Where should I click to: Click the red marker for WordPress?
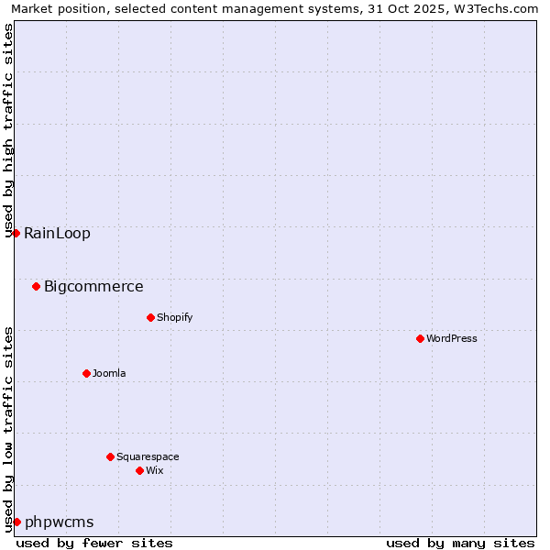pyautogui.click(x=420, y=338)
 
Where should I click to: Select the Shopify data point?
pyautogui.click(x=150, y=317)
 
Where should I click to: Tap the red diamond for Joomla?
pyautogui.click(x=86, y=373)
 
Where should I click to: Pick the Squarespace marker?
pyautogui.click(x=110, y=456)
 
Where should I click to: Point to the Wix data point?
pyautogui.click(x=139, y=470)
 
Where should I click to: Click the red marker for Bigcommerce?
pyautogui.click(x=36, y=286)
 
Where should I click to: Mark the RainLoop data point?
pyautogui.click(x=16, y=233)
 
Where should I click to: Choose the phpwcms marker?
pyautogui.click(x=16, y=522)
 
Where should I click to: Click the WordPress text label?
pyautogui.click(x=452, y=338)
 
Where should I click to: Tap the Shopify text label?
pyautogui.click(x=174, y=317)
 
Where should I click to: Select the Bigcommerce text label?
pyautogui.click(x=93, y=286)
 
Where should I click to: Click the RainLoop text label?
pyautogui.click(x=57, y=233)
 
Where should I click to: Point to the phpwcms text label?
pyautogui.click(x=59, y=522)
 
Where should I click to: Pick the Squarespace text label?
pyautogui.click(x=148, y=456)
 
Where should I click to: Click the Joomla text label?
pyautogui.click(x=109, y=373)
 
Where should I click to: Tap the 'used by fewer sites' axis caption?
pyautogui.click(x=94, y=543)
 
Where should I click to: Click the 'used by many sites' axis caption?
pyautogui.click(x=460, y=543)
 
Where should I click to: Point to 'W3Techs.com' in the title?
pyautogui.click(x=499, y=8)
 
